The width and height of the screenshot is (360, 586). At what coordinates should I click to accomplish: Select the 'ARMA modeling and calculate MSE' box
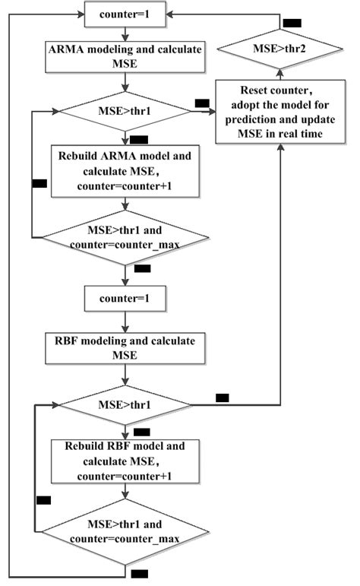[125, 58]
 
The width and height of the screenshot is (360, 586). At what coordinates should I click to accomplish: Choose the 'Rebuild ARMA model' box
[125, 171]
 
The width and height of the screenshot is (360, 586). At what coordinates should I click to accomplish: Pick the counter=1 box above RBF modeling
[125, 299]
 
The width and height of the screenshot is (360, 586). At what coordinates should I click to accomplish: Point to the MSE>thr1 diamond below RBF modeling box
[125, 405]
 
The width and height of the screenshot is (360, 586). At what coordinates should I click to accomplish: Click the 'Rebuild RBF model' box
[125, 461]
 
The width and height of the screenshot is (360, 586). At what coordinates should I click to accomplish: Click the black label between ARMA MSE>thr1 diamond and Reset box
[202, 103]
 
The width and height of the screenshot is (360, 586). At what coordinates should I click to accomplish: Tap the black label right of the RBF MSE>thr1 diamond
[222, 397]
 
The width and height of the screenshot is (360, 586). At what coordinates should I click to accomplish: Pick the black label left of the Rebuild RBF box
[43, 499]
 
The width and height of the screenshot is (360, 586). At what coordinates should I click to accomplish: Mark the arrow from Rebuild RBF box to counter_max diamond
[125, 492]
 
